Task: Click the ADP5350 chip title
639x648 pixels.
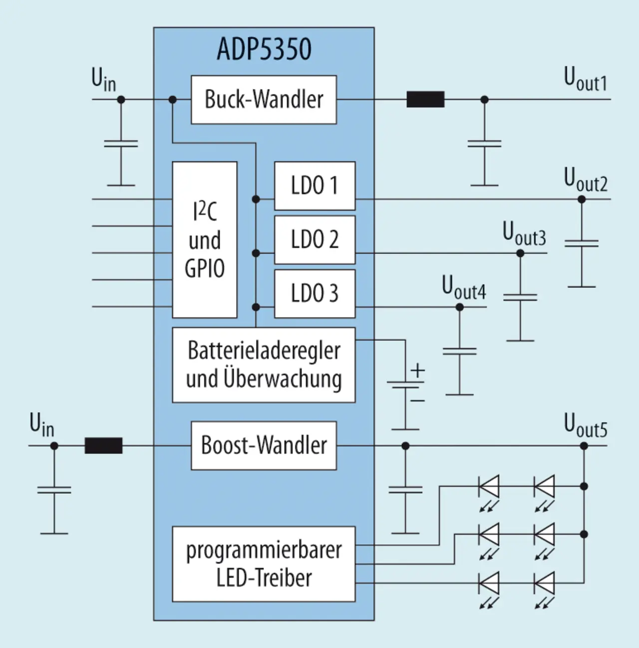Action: tap(264, 49)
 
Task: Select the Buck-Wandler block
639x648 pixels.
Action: tap(264, 99)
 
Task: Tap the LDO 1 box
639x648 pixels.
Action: tap(315, 186)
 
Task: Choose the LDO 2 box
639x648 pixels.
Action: tap(315, 240)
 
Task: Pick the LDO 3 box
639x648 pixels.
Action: tap(315, 294)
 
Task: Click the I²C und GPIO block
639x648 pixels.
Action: tap(205, 240)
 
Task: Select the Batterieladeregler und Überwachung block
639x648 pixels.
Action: tap(264, 365)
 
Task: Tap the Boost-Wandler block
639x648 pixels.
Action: tap(264, 446)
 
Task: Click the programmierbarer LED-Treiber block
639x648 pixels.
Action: tap(264, 564)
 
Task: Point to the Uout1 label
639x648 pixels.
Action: tap(586, 79)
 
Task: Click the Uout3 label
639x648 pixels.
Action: tap(524, 234)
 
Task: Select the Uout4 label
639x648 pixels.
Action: tap(464, 288)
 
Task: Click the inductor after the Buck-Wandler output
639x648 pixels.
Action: tap(425, 99)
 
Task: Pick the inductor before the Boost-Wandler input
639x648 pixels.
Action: tap(103, 446)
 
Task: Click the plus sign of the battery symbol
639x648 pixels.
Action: tap(418, 370)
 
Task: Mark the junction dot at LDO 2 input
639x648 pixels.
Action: tap(256, 253)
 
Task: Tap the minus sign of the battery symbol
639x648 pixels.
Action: tap(418, 400)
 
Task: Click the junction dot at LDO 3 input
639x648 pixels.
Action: tap(256, 307)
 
